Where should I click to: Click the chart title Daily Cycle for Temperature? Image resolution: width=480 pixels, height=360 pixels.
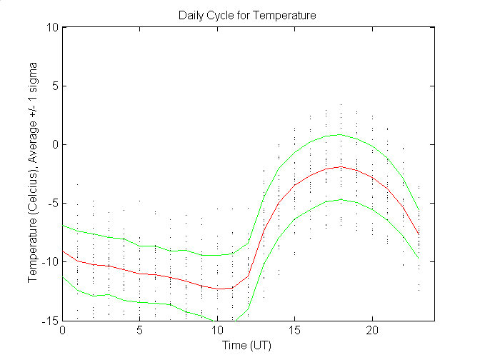tap(248, 14)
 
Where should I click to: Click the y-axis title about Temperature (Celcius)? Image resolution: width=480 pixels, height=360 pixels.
tap(33, 175)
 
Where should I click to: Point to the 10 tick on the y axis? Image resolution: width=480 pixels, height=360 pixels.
tap(52, 27)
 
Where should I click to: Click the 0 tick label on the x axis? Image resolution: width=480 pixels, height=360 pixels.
tap(63, 331)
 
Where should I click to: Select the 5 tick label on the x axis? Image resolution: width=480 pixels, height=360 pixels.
tap(140, 331)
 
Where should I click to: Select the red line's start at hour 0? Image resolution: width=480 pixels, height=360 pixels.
tap(63, 251)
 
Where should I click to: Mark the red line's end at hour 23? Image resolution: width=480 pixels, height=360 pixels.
tap(419, 234)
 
